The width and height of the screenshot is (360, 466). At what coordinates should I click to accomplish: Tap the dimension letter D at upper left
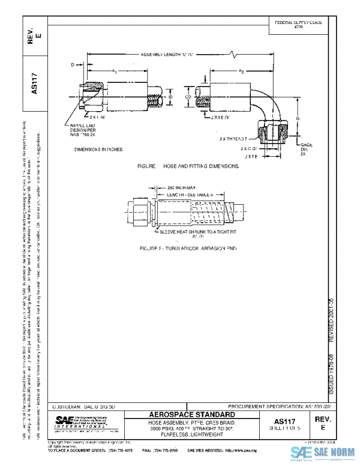point(73,63)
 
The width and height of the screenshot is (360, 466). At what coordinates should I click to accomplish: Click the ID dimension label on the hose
point(170,95)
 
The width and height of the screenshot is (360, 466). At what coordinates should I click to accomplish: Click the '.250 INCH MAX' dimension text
point(178,188)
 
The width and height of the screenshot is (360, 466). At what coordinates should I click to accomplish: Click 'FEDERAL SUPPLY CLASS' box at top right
point(298,24)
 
